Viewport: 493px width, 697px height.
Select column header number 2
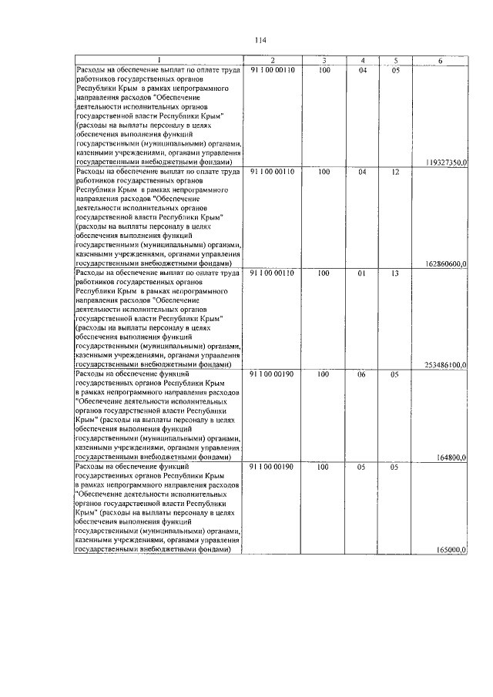coord(273,61)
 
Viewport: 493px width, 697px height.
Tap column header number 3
coord(324,61)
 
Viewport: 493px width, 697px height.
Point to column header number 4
coord(362,61)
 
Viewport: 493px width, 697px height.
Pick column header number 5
coord(395,61)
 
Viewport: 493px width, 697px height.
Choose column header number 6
coord(440,61)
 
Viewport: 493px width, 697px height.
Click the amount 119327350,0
coord(446,163)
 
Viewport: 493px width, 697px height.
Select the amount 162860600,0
coord(446,263)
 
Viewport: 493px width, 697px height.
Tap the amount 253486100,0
coord(446,364)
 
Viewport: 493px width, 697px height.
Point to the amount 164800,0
coord(451,457)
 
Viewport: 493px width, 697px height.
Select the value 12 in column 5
coord(395,172)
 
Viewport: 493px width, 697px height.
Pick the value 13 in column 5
coord(395,273)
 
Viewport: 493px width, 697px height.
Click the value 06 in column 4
coord(362,374)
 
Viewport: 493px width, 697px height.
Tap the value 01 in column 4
coord(362,273)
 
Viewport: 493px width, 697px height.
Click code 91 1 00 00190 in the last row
coord(273,467)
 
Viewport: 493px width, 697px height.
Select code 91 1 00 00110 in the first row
coord(273,71)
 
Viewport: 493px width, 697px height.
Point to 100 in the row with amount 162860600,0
coord(324,172)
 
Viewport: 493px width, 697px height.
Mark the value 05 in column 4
coord(362,467)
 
